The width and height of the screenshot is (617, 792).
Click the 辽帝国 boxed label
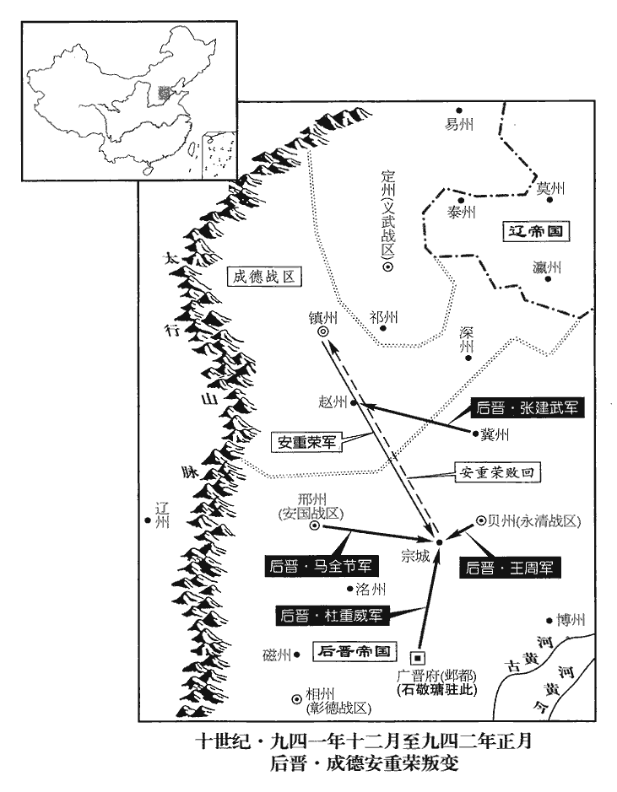tap(536, 232)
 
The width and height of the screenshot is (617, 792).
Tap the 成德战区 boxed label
tap(263, 277)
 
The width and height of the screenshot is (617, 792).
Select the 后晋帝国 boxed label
tap(355, 651)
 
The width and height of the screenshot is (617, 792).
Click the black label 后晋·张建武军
tap(527, 407)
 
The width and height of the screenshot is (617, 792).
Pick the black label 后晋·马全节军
tap(322, 566)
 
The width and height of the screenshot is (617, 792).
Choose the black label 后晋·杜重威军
tap(332, 616)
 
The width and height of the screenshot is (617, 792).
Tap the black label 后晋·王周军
tap(509, 568)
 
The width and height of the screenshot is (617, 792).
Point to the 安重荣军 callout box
tap(306, 442)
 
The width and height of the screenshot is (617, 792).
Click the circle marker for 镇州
tap(323, 331)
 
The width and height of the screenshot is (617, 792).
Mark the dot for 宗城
tap(439, 542)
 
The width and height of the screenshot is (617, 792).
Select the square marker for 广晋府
tap(418, 658)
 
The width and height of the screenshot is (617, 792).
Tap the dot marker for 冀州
tap(475, 433)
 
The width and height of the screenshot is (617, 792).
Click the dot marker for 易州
tap(459, 110)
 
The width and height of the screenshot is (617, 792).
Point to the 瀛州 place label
tap(547, 267)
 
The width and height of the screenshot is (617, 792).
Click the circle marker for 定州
tap(387, 267)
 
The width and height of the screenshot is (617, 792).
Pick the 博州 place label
tap(571, 619)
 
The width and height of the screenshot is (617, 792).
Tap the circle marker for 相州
tap(296, 699)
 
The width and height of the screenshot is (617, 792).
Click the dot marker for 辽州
tap(147, 520)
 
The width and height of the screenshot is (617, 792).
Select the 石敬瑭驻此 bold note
tap(437, 689)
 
